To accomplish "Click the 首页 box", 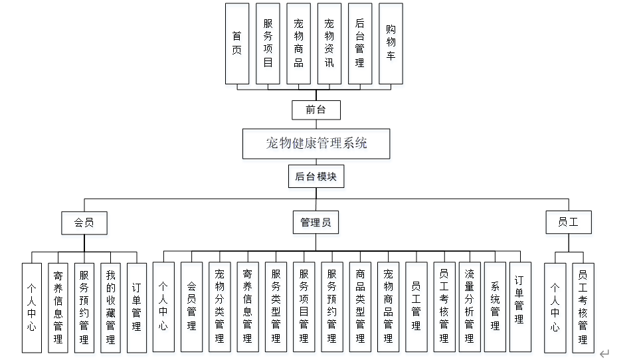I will (x=237, y=43).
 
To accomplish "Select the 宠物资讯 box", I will (x=329, y=43).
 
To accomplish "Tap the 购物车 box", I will (x=391, y=43).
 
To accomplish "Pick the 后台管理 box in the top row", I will (x=360, y=43).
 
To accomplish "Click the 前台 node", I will (x=316, y=110).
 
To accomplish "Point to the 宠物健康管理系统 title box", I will (x=316, y=143).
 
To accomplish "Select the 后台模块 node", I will (x=316, y=177).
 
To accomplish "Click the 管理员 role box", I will (x=316, y=223).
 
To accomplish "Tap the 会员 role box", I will (x=84, y=223).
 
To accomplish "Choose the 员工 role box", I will (x=568, y=223).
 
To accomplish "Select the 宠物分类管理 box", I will (x=219, y=308).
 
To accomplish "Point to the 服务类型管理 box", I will (x=276, y=308).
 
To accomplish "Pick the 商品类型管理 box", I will (x=360, y=308).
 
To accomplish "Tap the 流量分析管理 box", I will (x=470, y=308).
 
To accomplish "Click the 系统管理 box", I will (x=495, y=308).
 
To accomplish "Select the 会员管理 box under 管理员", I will (x=191, y=308).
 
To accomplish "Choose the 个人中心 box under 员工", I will (x=555, y=308).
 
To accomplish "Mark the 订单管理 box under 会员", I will (x=136, y=308).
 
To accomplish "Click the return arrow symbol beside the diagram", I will (x=604, y=354).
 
